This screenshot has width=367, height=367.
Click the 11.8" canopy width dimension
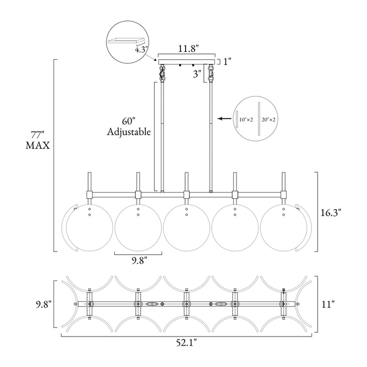188,49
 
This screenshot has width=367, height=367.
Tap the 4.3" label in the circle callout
142,50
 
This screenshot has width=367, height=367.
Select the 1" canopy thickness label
228,62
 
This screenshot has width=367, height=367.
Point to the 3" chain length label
197,74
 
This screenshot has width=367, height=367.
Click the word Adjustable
129,132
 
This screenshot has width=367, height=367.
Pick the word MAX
38,146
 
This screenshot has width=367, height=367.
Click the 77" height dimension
38,135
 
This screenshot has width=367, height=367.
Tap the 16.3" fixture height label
331,213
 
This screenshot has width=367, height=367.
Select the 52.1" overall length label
186,343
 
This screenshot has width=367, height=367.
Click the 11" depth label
328,305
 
